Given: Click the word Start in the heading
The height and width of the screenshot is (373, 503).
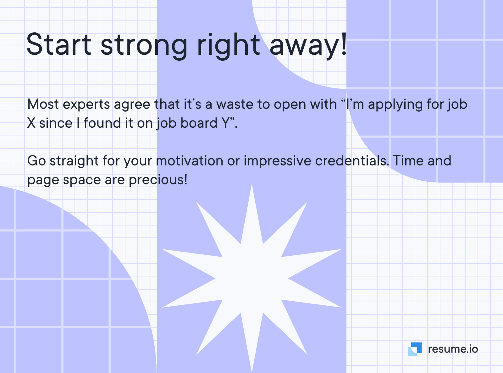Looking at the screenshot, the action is point(59,44).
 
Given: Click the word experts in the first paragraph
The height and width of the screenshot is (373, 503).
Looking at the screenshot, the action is point(86,105).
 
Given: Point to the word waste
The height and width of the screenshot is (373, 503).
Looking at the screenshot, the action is point(235,104).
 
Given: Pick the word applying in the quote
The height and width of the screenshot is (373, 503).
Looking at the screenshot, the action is point(395,105).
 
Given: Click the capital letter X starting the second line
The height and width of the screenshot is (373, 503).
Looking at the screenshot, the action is point(31,123).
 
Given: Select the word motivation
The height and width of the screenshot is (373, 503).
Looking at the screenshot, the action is point(190,161).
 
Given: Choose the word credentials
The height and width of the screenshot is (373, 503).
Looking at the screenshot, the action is point(352,161).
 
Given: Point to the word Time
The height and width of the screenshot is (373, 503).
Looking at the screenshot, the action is point(408,161).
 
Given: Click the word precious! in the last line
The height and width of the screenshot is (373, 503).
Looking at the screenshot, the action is point(158,180).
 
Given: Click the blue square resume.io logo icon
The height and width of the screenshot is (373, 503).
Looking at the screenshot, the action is point(415,349).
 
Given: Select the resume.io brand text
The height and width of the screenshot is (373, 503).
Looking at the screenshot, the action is point(453,349).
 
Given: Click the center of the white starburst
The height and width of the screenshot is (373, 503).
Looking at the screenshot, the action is point(252,278).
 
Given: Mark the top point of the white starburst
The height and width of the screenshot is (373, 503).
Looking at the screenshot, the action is point(252,184).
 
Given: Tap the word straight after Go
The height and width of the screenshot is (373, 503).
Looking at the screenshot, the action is point(74,161).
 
